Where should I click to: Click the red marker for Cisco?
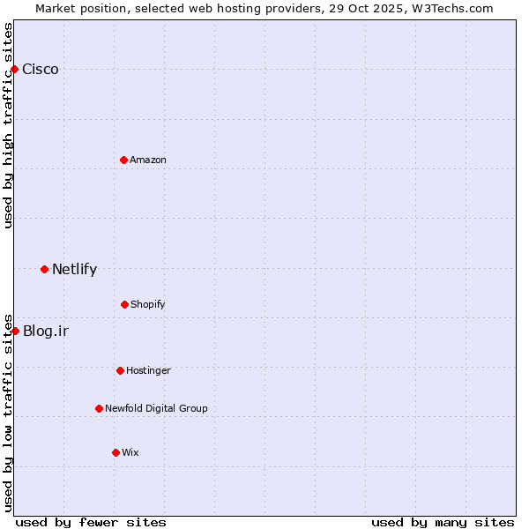click(14, 69)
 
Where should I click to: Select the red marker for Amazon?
click(123, 160)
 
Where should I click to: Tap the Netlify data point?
click(44, 269)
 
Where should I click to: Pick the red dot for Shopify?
click(124, 304)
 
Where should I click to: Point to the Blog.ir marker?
click(15, 331)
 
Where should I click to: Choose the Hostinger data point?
click(120, 370)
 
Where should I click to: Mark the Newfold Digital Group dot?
click(99, 408)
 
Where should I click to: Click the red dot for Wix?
click(115, 452)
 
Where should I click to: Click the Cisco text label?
click(41, 70)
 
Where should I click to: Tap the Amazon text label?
click(148, 160)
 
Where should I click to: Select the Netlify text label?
click(74, 270)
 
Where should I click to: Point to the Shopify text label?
click(148, 304)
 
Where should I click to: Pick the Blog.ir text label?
click(46, 332)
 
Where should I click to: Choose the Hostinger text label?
click(148, 370)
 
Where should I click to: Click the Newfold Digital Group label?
click(156, 408)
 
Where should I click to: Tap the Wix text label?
click(130, 452)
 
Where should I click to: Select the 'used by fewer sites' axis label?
click(91, 522)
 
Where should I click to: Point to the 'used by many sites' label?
click(443, 522)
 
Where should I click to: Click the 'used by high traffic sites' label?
click(8, 125)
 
